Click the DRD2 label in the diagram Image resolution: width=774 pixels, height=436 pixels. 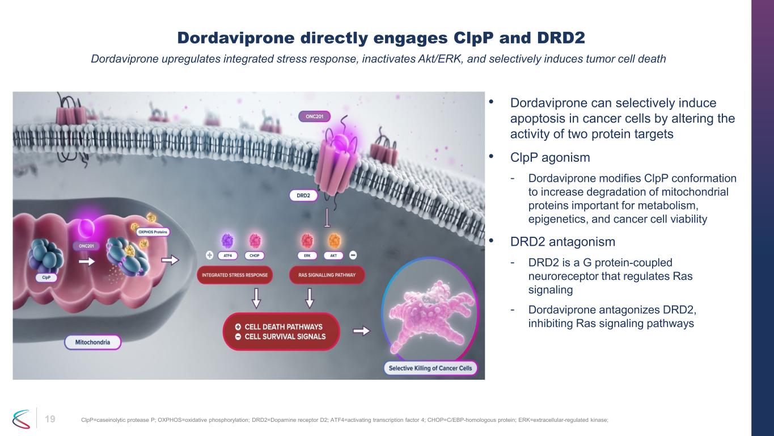[303, 195]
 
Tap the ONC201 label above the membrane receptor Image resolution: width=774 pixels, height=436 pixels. [314, 116]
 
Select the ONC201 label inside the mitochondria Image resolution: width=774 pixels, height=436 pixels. [86, 246]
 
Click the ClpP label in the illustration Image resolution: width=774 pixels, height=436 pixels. [46, 278]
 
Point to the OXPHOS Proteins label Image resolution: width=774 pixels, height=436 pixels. [153, 232]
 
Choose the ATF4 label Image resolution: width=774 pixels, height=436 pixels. [227, 255]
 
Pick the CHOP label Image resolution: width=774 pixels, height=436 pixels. [254, 255]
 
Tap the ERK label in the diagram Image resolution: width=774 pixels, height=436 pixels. [307, 255]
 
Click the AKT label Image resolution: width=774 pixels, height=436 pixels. [333, 255]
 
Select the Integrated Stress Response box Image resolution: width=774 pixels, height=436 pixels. [235, 275]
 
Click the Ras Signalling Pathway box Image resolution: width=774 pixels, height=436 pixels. [327, 275]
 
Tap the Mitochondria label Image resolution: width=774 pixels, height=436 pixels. [92, 342]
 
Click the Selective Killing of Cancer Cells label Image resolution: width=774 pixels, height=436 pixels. [430, 368]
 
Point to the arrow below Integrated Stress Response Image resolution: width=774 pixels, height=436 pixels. [256, 298]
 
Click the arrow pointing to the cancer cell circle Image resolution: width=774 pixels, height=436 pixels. [361, 331]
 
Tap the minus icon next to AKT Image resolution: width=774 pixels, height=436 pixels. [353, 255]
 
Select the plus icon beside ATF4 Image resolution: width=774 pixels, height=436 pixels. [209, 255]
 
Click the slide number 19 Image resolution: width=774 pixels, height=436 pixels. [50, 419]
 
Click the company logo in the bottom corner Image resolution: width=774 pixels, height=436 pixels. [21, 419]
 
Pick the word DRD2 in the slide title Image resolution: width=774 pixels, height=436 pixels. [561, 37]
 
